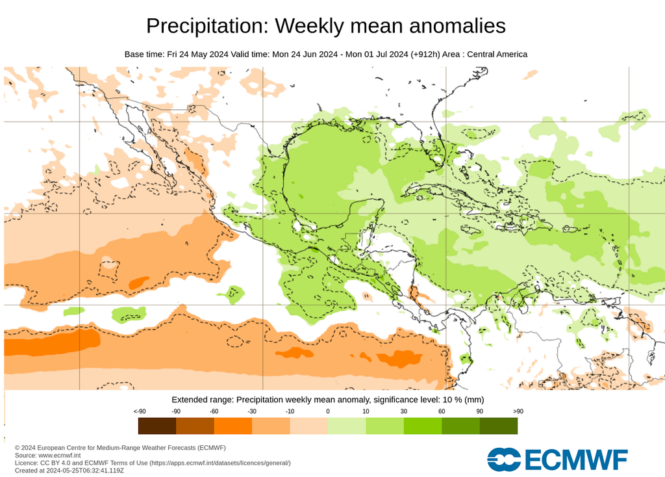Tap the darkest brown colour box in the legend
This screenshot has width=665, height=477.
click(x=157, y=426)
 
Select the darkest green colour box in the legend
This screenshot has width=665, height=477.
click(x=499, y=426)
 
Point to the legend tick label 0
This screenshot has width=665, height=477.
click(x=328, y=411)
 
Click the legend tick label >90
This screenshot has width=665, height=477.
click(x=518, y=411)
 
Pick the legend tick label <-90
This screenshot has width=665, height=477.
click(x=139, y=411)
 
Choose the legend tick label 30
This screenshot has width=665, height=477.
click(x=403, y=411)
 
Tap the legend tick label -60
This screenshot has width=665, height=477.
click(x=214, y=411)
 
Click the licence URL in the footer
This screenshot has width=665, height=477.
click(x=221, y=463)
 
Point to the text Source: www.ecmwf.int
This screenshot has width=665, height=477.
click(x=47, y=456)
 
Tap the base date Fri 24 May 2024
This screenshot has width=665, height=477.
click(x=197, y=54)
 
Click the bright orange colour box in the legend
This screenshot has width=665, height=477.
click(x=233, y=426)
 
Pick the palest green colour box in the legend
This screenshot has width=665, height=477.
click(x=347, y=426)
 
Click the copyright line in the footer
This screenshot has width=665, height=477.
click(x=120, y=448)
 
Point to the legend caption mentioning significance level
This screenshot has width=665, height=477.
click(x=327, y=399)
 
